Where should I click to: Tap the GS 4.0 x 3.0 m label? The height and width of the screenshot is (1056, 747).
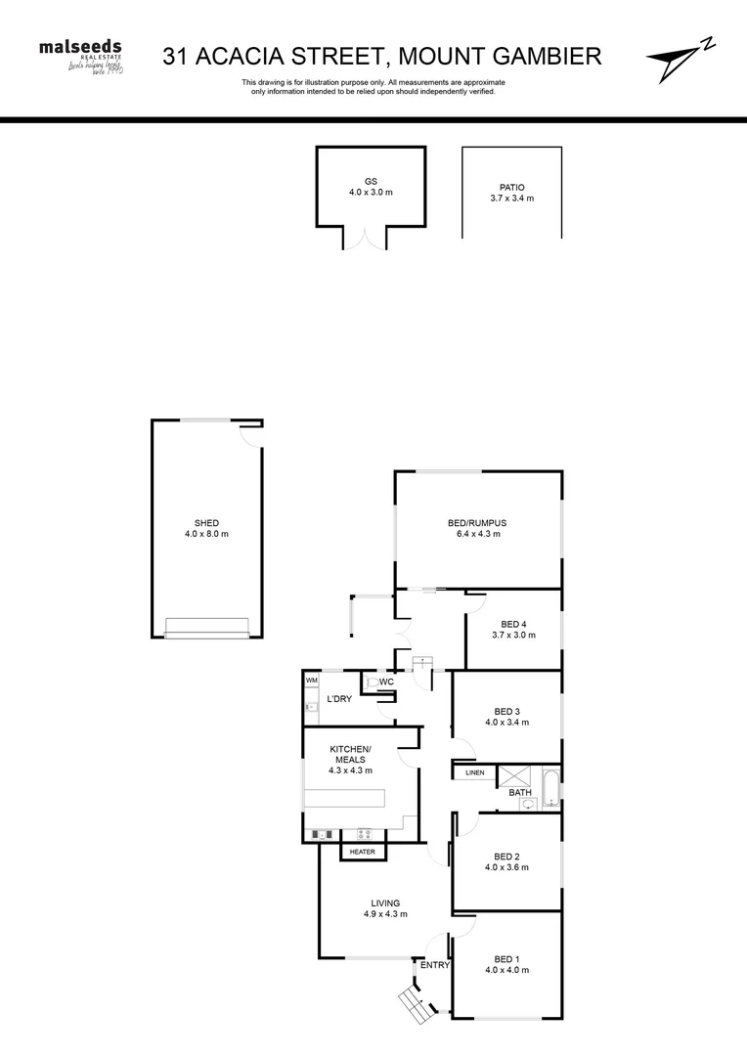tap(371, 187)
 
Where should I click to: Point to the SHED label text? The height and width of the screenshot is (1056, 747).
tap(206, 528)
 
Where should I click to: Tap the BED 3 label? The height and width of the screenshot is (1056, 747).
tap(506, 717)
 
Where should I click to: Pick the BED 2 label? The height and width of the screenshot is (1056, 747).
tap(506, 860)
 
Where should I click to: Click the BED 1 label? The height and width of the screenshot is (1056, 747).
tap(506, 964)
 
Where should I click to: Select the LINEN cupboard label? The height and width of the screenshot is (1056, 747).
tap(474, 773)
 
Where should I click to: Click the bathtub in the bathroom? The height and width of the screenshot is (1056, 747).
tap(550, 787)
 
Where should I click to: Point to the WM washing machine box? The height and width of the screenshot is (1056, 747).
tap(312, 680)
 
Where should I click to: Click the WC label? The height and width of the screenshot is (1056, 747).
tap(386, 682)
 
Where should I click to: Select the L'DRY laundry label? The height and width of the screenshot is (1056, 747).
tap(339, 698)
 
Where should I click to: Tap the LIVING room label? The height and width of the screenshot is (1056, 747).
tap(384, 908)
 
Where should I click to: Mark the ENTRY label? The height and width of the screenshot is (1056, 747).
tap(435, 965)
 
